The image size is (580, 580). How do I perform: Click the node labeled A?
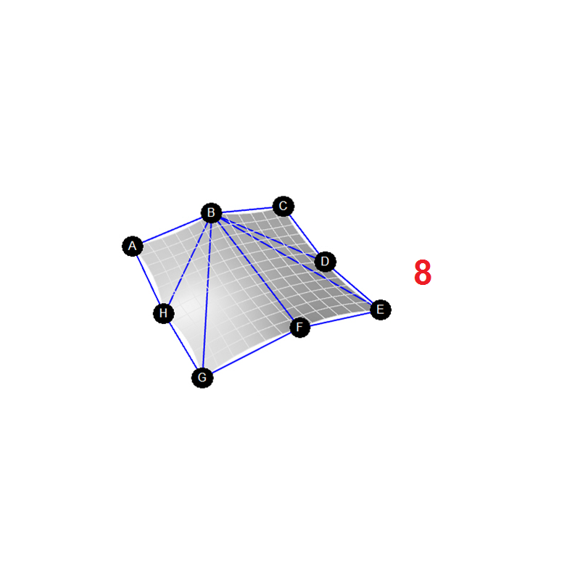[133, 246]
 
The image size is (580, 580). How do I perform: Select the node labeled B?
[211, 212]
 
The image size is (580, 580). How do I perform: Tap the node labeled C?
[283, 206]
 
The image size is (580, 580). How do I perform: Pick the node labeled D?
[325, 262]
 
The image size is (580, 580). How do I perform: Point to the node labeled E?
[380, 310]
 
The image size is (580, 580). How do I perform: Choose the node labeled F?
[299, 327]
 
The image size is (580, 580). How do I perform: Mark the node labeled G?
[202, 377]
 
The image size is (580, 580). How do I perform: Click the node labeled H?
[164, 313]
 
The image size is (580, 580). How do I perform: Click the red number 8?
[423, 273]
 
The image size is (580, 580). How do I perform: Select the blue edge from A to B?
[172, 229]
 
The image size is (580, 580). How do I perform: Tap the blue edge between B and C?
[247, 210]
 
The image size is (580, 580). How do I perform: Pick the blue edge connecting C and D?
[304, 233]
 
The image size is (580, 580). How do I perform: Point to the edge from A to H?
[148, 280]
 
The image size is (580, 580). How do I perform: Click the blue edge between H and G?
[183, 346]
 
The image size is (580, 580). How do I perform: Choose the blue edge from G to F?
[251, 352]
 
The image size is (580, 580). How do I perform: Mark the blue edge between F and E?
[340, 318]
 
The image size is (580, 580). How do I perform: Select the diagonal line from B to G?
[207, 295]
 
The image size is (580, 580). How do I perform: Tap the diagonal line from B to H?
[188, 262]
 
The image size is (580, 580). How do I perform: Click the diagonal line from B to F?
[255, 270]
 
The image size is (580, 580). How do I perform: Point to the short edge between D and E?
[353, 286]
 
